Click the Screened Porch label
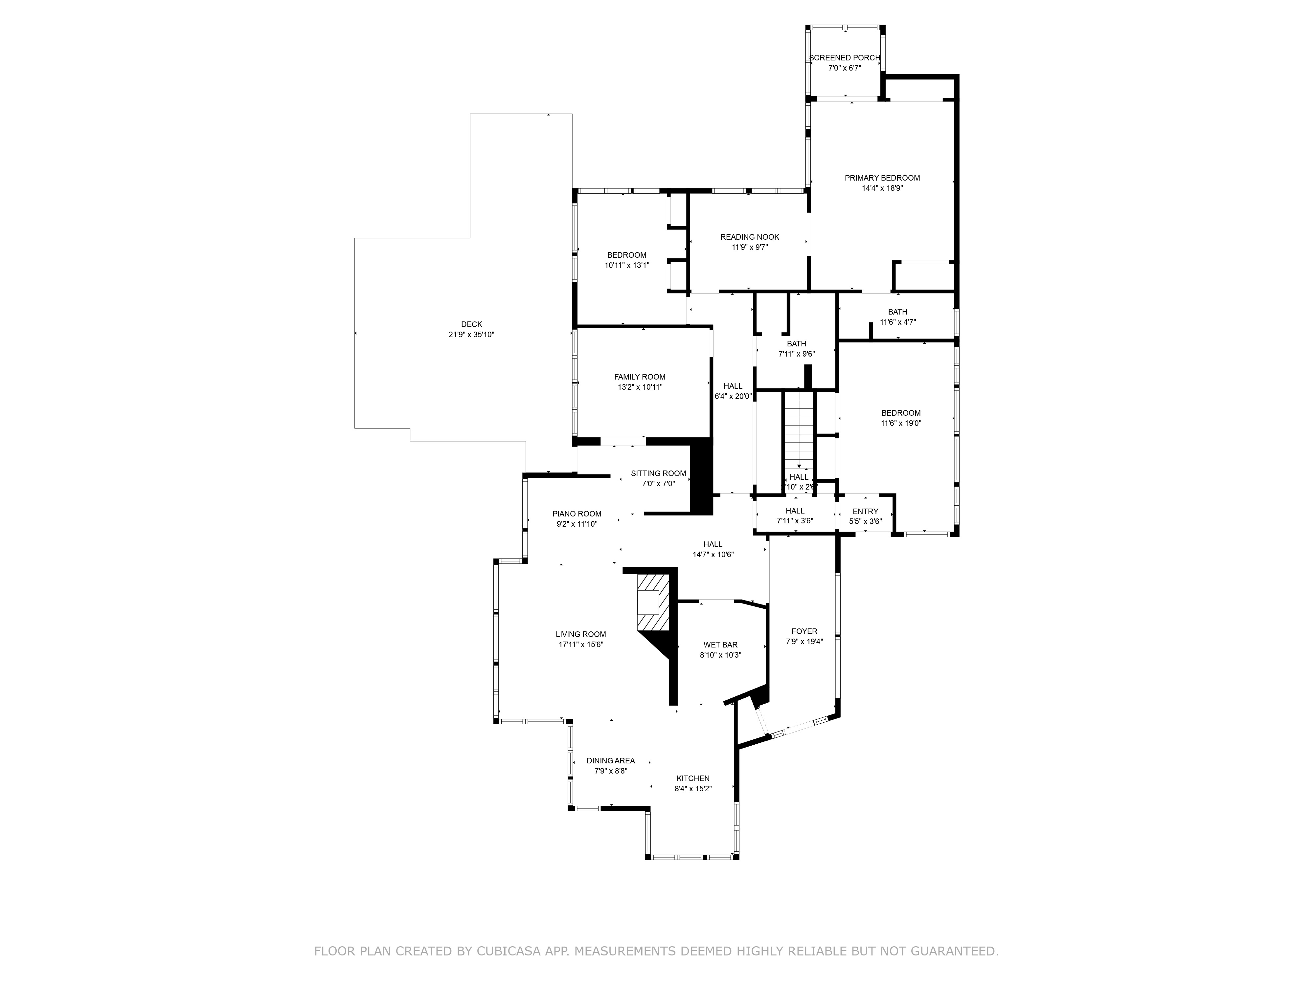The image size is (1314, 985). click(x=844, y=57)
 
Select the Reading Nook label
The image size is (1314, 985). click(x=750, y=237)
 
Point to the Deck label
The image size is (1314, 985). click(x=472, y=324)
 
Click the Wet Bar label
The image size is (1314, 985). click(x=720, y=645)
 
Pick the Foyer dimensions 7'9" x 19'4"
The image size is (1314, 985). click(x=804, y=641)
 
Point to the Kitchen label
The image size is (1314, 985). click(x=692, y=778)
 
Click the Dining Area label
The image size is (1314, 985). click(x=611, y=760)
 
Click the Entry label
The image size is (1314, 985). click(x=865, y=511)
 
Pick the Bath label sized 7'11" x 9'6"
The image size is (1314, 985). click(x=797, y=344)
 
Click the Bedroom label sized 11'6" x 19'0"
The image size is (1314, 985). click(x=900, y=413)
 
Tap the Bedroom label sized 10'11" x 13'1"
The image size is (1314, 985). click(x=627, y=255)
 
